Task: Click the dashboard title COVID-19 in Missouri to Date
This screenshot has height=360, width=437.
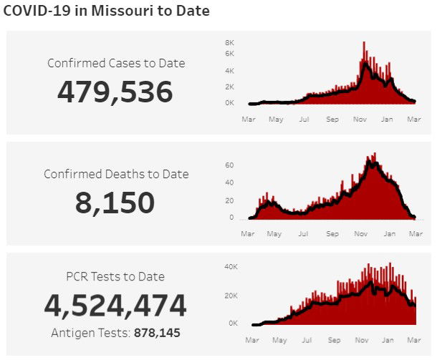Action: point(107,11)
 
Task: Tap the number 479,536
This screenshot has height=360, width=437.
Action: point(115,92)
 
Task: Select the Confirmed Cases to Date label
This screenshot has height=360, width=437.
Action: point(116,63)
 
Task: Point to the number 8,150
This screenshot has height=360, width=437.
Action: point(115,203)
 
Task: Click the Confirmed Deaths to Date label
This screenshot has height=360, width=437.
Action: point(116,174)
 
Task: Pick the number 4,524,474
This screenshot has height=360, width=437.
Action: point(115,306)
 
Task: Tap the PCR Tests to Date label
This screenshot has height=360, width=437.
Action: point(115,276)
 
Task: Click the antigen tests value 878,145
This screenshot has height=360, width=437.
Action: point(157,333)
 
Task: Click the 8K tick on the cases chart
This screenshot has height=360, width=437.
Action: point(229,42)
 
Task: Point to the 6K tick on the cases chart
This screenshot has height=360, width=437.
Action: point(229,54)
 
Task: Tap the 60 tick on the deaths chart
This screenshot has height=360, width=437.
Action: point(229,165)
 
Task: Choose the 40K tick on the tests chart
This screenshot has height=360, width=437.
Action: point(231,266)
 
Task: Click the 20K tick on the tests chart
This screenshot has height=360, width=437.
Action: point(231,295)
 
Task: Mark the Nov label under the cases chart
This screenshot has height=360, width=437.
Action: point(360,120)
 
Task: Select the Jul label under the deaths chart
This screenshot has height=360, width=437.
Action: point(304,233)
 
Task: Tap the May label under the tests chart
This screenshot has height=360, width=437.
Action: point(280,340)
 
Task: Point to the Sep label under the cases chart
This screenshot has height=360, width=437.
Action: point(332,120)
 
